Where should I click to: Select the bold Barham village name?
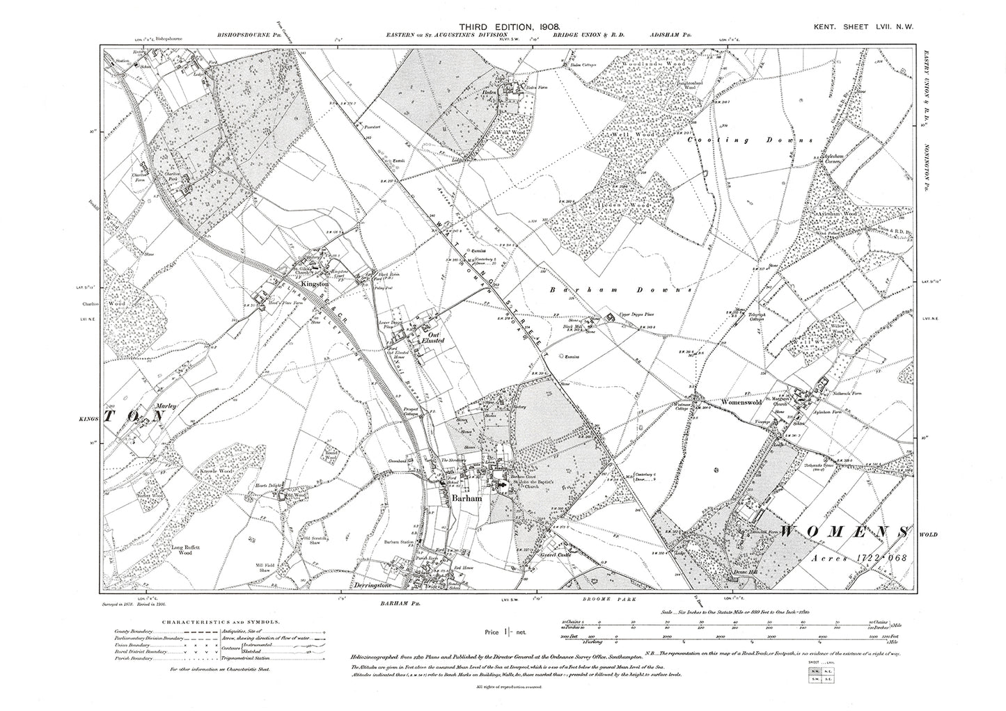pyautogui.click(x=461, y=500)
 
